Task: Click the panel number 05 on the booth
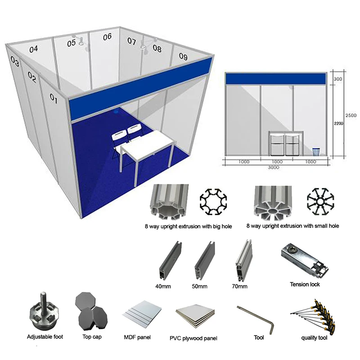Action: coord(72,43)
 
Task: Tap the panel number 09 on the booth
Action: coord(183,56)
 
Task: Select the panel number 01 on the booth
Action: coord(54,98)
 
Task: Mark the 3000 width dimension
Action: coord(274,166)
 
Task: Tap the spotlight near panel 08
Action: coord(145,47)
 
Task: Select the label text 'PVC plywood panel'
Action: coord(193,338)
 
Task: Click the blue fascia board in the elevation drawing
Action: coord(275,78)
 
